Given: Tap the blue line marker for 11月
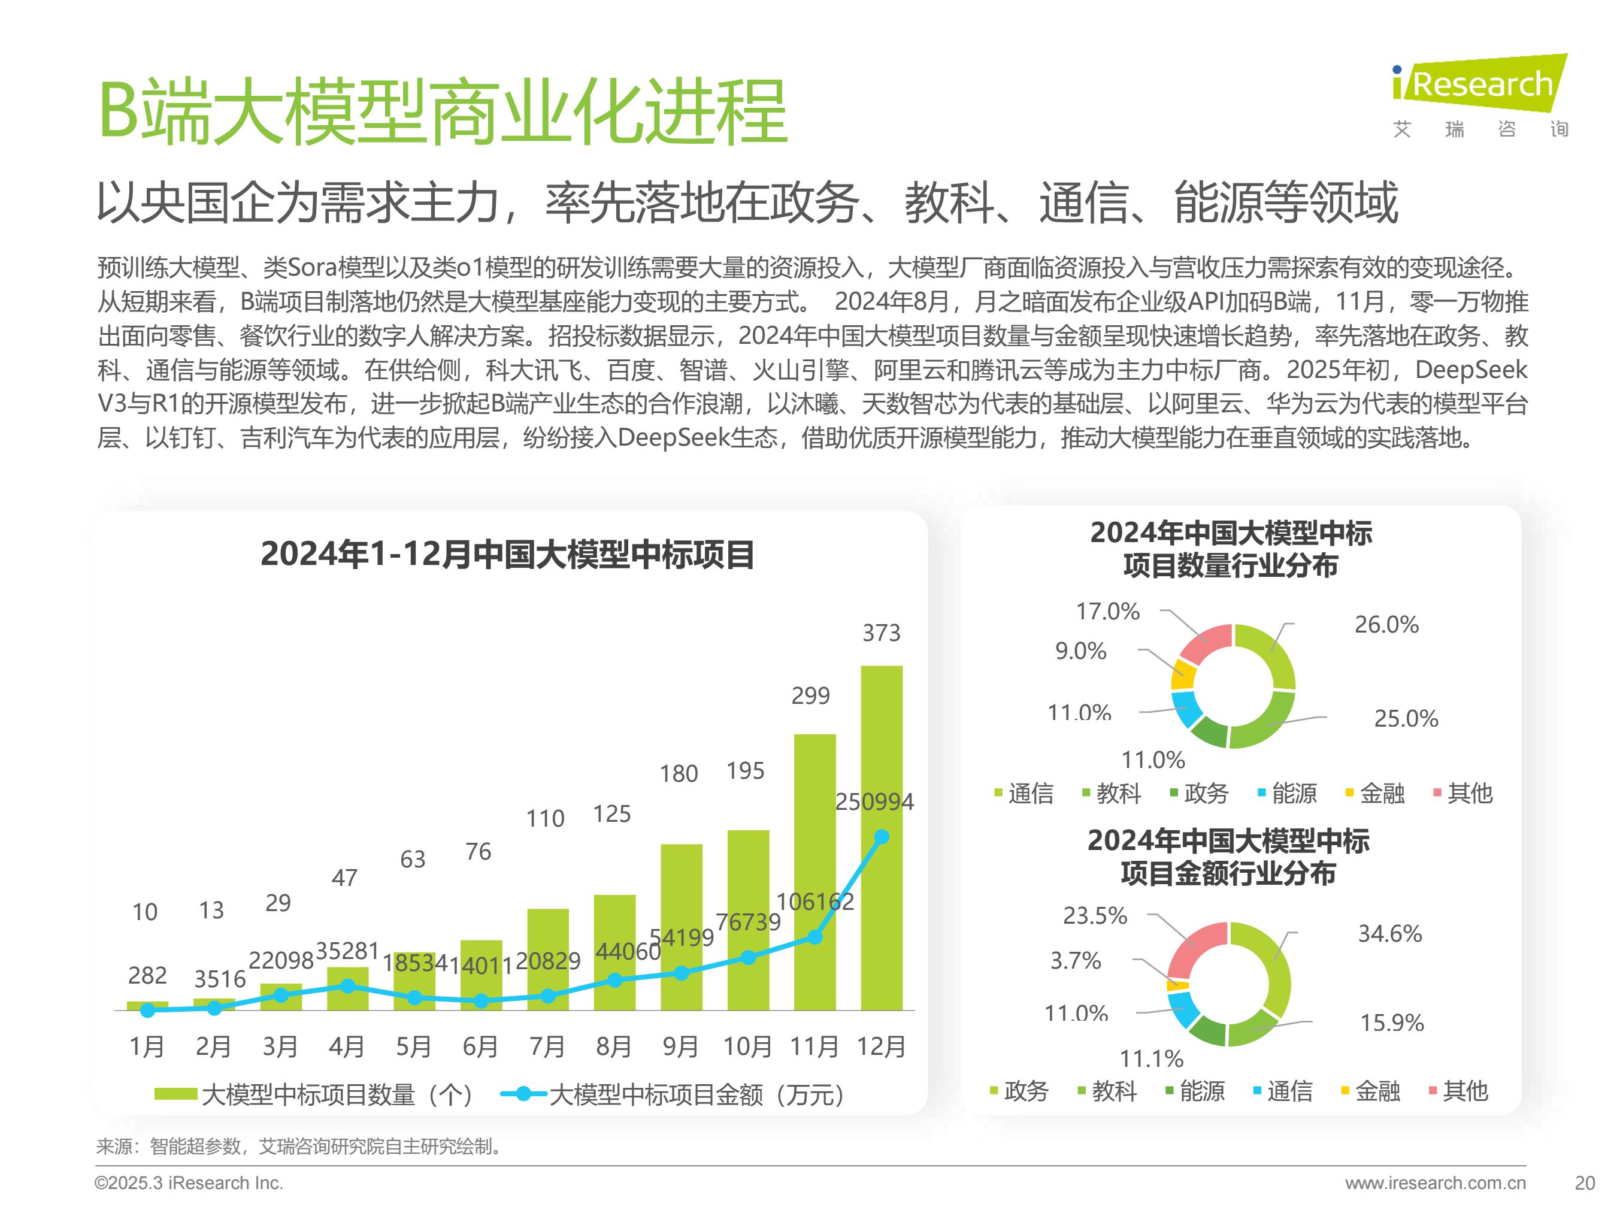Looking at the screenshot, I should (815, 937).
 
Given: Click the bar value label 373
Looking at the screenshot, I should (881, 633).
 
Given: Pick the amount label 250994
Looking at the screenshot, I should (874, 802).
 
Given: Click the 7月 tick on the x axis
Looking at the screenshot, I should (547, 1046).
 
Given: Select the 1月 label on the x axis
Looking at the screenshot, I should (146, 1046).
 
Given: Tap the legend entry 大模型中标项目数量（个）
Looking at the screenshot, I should (314, 1094).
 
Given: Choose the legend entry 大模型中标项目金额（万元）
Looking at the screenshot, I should (673, 1094).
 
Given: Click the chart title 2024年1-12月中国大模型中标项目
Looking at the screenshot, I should (507, 554).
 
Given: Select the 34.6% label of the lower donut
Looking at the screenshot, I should (1389, 934).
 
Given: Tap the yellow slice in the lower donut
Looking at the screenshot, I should (1177, 985).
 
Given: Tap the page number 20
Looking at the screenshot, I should (1584, 1183).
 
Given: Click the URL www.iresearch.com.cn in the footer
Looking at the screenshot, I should (1435, 1183).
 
